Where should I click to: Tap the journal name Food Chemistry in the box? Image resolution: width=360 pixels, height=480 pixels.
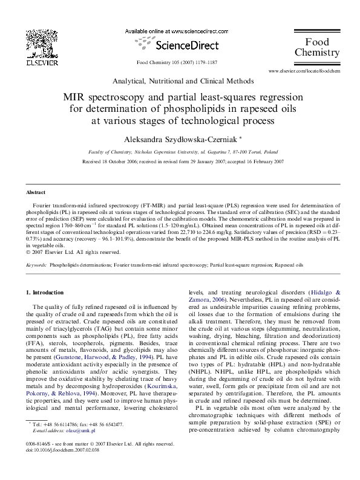[316, 47]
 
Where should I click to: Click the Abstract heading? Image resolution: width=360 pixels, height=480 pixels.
[35, 192]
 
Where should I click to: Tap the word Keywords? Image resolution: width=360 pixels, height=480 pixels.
[37, 265]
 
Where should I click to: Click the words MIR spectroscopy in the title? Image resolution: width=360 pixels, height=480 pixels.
[103, 97]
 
